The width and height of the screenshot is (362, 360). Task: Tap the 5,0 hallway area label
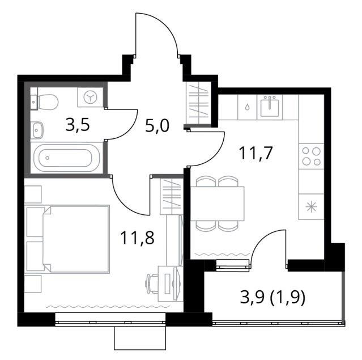coord(157,126)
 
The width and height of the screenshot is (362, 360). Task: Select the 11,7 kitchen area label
coord(256,153)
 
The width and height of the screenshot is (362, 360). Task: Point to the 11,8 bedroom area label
coord(137,238)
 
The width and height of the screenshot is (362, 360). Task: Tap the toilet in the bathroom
coord(45,102)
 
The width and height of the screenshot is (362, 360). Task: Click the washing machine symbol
coord(90,97)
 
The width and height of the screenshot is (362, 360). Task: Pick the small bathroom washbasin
coord(37,130)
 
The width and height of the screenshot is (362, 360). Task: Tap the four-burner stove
coord(312,156)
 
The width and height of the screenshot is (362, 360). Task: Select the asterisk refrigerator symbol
coord(311,207)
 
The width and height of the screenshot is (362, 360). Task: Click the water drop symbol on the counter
coord(247,107)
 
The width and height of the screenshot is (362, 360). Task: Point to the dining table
coord(217,204)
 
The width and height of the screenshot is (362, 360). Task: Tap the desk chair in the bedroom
coord(151,283)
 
